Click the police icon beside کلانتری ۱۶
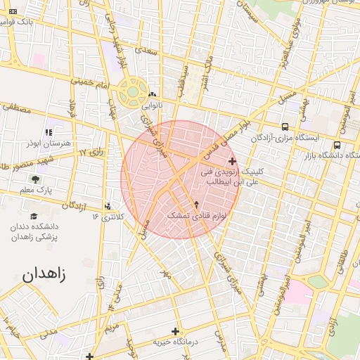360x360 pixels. tap(108, 206)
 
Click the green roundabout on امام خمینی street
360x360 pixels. tap(131, 92)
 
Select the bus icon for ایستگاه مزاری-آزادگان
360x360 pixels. tap(284, 127)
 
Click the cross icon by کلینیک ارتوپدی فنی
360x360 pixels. tap(233, 162)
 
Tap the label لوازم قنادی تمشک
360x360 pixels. tap(194, 215)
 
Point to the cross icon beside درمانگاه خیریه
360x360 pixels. tap(175, 330)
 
